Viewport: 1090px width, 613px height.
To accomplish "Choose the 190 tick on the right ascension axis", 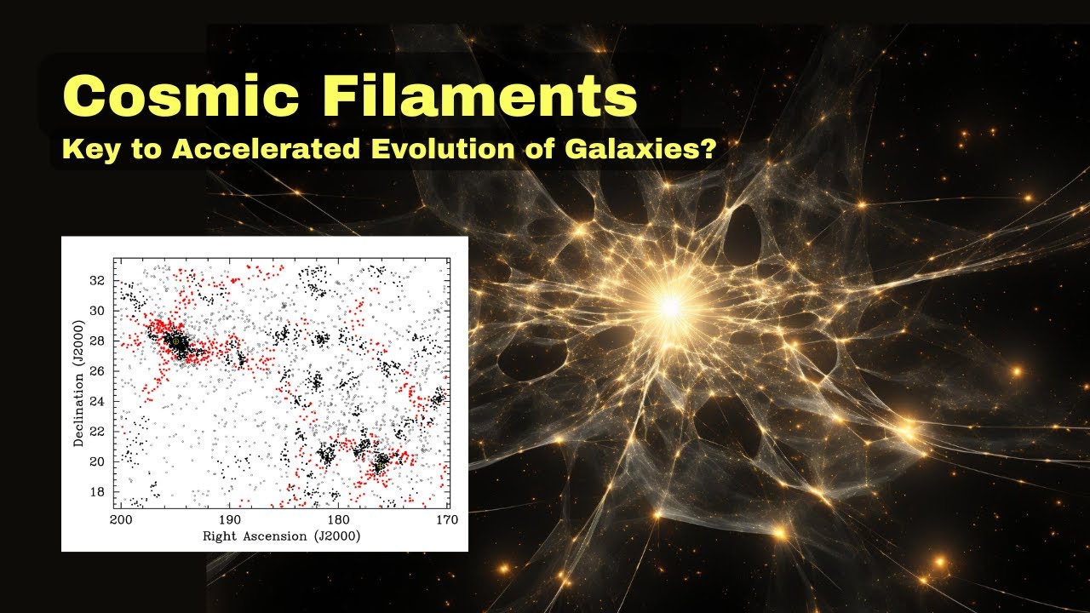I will tap(229, 518).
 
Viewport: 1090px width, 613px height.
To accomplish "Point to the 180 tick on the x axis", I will tap(337, 518).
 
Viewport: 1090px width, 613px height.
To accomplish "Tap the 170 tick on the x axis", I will tap(444, 518).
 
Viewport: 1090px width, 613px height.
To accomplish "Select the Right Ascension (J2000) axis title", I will tap(281, 536).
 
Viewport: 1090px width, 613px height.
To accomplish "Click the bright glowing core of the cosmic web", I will tap(670, 305).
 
